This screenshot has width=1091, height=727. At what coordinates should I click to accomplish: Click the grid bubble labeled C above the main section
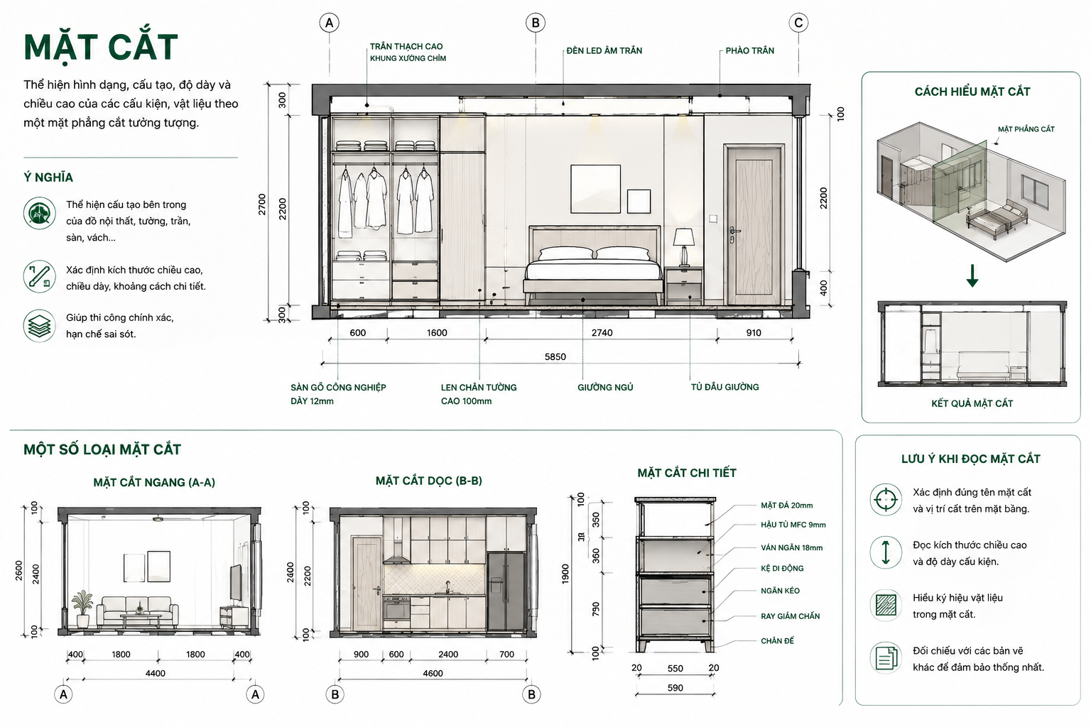[x=798, y=23]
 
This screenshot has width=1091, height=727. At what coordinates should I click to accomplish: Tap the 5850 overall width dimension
[x=555, y=356]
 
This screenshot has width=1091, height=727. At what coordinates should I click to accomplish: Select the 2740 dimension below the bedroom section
[x=602, y=332]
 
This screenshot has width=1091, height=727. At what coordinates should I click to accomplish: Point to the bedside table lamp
[x=684, y=247]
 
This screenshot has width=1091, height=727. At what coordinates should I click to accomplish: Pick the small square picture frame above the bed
[x=639, y=201]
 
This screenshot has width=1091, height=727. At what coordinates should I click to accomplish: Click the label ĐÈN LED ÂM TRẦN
[x=604, y=50]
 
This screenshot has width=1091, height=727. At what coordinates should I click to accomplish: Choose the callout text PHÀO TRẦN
[x=749, y=50]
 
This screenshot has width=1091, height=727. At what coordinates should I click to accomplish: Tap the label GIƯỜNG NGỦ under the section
[x=605, y=387]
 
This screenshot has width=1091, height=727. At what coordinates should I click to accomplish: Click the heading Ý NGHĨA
[x=48, y=177]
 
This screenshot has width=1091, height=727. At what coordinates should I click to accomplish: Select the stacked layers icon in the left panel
[x=39, y=326]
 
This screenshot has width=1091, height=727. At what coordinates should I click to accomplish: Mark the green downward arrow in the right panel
[x=972, y=275]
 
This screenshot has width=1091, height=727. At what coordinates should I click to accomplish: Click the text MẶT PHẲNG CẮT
[x=1026, y=129]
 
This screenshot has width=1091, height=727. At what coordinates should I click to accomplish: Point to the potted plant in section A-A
[x=82, y=608]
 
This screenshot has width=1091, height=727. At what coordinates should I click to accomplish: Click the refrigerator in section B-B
[x=506, y=591]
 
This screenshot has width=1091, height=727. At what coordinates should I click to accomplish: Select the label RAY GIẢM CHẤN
[x=790, y=616]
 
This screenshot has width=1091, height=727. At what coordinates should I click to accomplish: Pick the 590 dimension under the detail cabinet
[x=675, y=687]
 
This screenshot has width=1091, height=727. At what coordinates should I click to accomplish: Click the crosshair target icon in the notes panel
[x=886, y=500]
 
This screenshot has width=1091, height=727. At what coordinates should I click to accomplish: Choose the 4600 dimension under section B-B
[x=433, y=673]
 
